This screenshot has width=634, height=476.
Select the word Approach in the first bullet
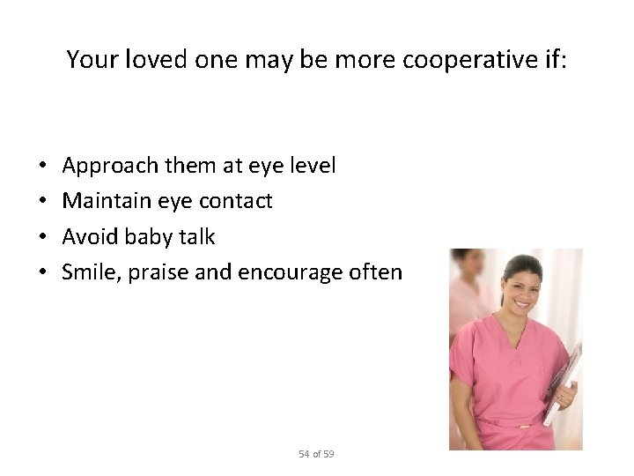tap(103, 165)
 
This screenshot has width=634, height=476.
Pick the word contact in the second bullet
tap(237, 201)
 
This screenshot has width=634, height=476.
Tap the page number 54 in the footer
tap(303, 454)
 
